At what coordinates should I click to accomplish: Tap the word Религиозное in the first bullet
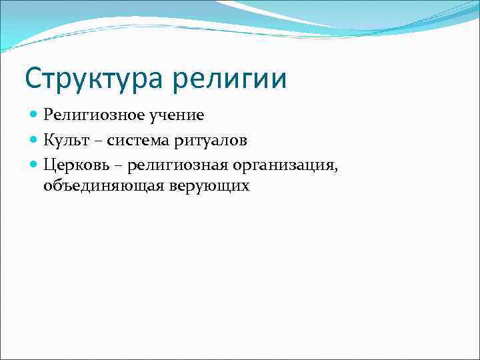(87, 115)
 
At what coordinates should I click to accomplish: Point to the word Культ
(66, 139)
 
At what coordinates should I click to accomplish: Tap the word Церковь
(75, 163)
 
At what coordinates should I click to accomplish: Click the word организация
(281, 164)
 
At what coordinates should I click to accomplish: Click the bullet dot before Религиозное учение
(35, 115)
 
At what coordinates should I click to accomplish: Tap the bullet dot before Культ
(35, 139)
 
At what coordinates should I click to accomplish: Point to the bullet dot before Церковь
(35, 163)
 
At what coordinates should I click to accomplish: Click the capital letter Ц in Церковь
(49, 163)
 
